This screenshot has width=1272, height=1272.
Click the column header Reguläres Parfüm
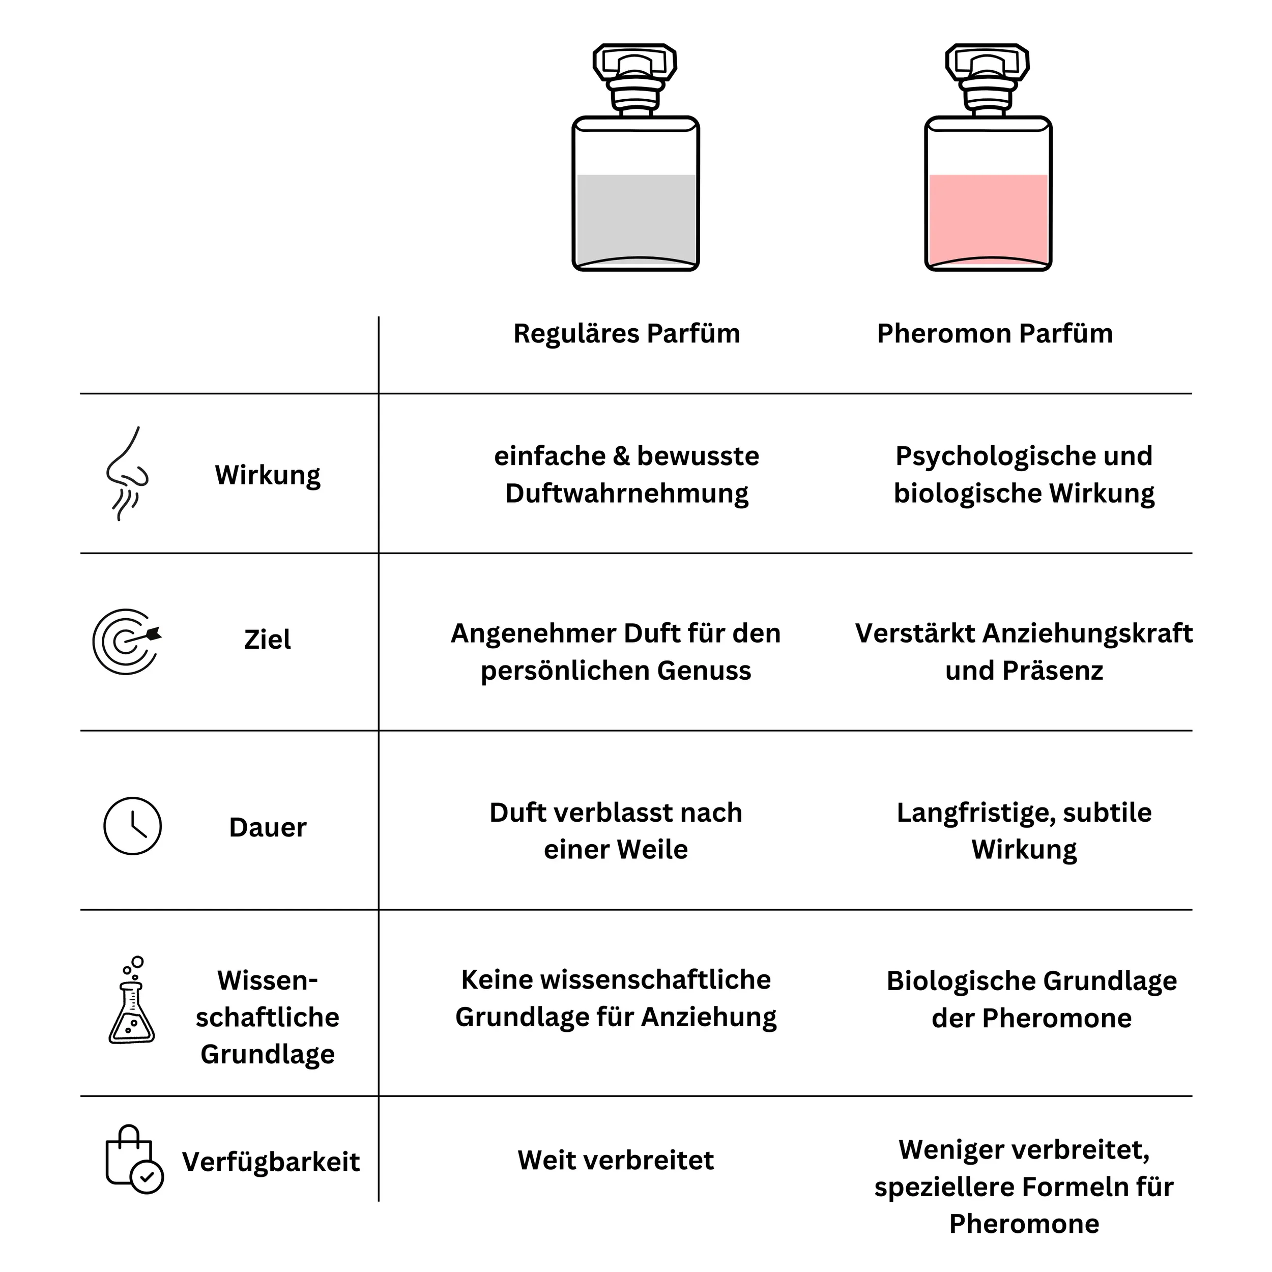pos(626,334)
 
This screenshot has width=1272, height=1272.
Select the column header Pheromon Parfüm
pos(994,334)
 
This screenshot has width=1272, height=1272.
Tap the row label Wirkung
pos(267,475)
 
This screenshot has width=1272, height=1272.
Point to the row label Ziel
pos(267,639)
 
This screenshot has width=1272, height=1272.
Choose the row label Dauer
pos(267,828)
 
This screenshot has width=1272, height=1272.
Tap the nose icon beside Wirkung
pos(127,473)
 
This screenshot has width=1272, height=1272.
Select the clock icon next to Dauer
pos(132,826)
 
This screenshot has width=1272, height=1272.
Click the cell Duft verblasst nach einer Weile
pos(616,831)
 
